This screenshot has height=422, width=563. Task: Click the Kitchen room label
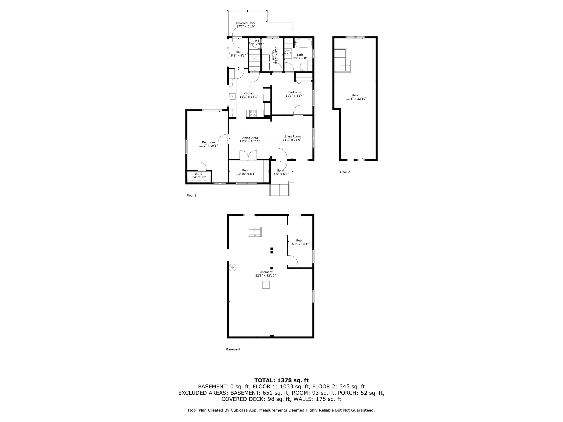pos(249,93)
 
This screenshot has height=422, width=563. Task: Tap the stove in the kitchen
pos(253,113)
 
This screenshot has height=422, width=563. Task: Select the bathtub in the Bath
pos(303,43)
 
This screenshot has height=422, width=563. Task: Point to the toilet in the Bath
pos(303,67)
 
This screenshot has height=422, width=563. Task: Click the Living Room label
pos(292,136)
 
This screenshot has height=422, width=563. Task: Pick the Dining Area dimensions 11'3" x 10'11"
pos(249,141)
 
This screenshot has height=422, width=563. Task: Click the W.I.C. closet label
pos(199,174)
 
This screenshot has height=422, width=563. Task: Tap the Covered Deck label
pos(246,23)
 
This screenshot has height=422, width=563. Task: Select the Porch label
pos(281,170)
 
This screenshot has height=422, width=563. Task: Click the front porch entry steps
pos(280,189)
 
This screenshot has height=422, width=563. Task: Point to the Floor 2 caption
pos(345,172)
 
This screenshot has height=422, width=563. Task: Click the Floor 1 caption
pos(191,195)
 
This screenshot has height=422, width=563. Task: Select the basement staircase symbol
pos(255,232)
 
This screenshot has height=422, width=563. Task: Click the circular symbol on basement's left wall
pos(233,267)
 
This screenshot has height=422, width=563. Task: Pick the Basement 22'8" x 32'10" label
pos(265,274)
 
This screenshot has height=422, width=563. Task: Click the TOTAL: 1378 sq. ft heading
pos(281,380)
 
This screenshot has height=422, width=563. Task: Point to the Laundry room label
pos(273,55)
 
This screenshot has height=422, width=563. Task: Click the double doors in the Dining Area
pos(248,155)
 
